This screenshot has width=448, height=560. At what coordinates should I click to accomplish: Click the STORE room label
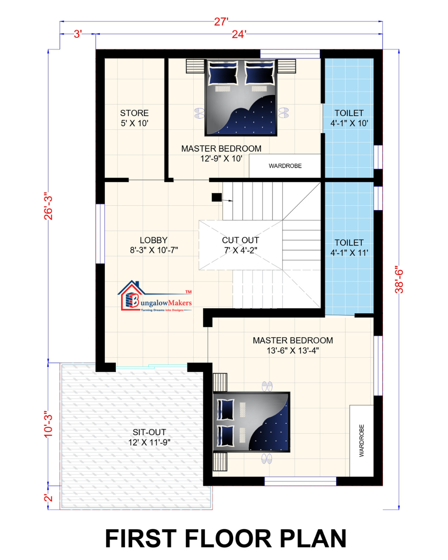pyautogui.click(x=134, y=113)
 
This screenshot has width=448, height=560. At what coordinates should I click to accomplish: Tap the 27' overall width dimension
pyautogui.click(x=221, y=22)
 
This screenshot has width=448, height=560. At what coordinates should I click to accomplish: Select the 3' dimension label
pyautogui.click(x=78, y=34)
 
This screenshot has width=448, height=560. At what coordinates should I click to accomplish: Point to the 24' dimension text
pyautogui.click(x=239, y=34)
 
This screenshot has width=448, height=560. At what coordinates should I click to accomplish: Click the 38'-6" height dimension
pyautogui.click(x=399, y=280)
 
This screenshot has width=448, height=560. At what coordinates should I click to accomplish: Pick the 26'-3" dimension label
pyautogui.click(x=49, y=206)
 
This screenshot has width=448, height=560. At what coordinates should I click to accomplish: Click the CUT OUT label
pyautogui.click(x=240, y=240)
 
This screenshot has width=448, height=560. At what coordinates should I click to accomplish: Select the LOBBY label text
pyautogui.click(x=153, y=240)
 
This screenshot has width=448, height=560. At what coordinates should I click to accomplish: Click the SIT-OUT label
pyautogui.click(x=149, y=432)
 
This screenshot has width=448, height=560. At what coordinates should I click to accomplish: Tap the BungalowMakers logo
pyautogui.click(x=155, y=296)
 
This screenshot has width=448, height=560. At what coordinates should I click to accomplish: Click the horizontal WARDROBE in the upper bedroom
pyautogui.click(x=285, y=166)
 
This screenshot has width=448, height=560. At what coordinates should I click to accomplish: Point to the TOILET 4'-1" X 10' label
pyautogui.click(x=349, y=118)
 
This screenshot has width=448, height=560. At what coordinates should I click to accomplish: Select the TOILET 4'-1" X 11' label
pyautogui.click(x=349, y=248)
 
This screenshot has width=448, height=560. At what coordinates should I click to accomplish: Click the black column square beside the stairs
pyautogui.click(x=217, y=197)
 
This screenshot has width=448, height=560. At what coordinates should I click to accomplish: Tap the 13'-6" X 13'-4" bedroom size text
pyautogui.click(x=293, y=351)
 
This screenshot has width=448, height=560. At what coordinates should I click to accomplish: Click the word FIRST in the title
pyautogui.click(x=141, y=539)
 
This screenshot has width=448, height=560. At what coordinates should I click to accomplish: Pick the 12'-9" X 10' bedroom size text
pyautogui.click(x=221, y=158)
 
